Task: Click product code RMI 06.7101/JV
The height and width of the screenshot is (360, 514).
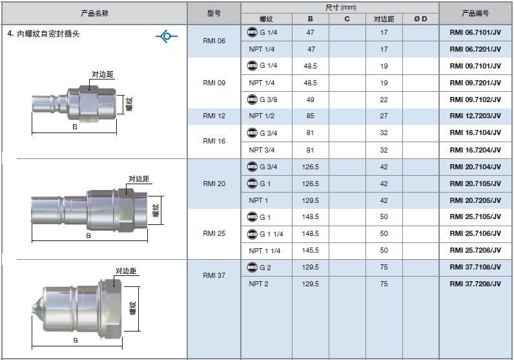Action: (475, 32)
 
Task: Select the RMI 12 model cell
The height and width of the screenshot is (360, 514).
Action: (214, 116)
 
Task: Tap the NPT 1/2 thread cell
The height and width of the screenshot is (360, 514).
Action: (262, 116)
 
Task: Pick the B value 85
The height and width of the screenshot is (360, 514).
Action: (310, 116)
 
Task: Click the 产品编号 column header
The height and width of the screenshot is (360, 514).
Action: (475, 13)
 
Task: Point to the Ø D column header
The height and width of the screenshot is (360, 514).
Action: (420, 19)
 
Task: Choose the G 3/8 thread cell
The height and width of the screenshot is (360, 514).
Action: (262, 100)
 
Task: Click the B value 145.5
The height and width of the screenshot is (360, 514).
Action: (310, 250)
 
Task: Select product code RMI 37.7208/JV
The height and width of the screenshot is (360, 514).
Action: (475, 284)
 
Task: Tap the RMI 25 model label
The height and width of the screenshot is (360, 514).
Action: (214, 233)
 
